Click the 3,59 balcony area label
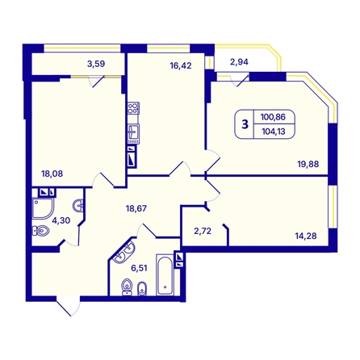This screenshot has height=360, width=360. pos(96,64)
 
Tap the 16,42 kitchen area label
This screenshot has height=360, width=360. pos(181,65)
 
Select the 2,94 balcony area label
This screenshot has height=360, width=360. pos(239,62)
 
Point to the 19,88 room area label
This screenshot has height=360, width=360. pos(308,164)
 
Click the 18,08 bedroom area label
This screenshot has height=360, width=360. pos(52,174)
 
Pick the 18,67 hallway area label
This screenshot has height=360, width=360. pos(136,208)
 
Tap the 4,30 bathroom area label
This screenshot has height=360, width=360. pos(61,220)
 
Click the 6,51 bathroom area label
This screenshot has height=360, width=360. pos(139,268)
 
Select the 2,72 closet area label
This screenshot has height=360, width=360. pos(203,231)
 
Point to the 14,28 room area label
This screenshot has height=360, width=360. pos(306,236)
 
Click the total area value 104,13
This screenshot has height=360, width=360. pos(274,132)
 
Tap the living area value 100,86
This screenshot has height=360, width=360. pos(273,117)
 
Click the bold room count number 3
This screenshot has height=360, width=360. pos(245,124)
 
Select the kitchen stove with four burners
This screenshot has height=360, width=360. pos(133,108)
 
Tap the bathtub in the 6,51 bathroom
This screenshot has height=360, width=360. pos(165,274)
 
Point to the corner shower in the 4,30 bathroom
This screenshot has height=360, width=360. pos(43,208)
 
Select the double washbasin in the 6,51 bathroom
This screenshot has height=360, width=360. pos(124,252)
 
